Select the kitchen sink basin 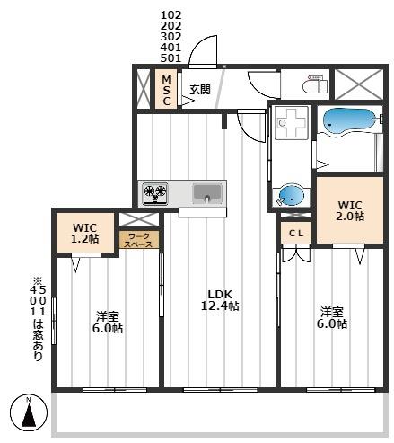point(207,191)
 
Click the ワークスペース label point(140,240)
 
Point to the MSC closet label point(165,90)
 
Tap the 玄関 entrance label point(199,90)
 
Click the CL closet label point(295,233)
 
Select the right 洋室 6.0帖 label point(332,317)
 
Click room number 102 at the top point(171,15)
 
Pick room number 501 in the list point(171,58)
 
